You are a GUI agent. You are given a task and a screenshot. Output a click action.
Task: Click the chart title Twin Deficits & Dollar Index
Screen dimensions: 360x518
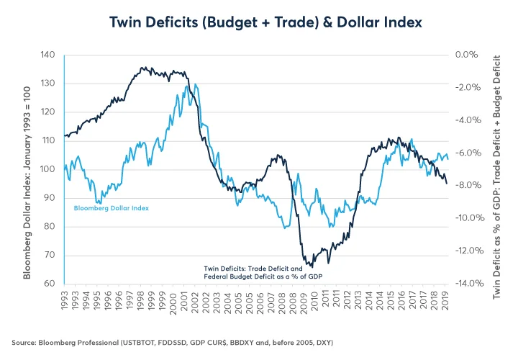coord(259,22)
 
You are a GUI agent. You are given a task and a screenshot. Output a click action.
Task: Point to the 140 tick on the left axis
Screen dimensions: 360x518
coord(48,55)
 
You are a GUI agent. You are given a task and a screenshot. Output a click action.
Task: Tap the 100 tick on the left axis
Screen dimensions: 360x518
coord(48,169)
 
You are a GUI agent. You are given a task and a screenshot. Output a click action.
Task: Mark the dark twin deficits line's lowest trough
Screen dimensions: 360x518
coord(311,267)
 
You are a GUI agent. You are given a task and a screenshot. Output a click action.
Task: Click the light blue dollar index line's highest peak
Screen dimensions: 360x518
coord(187,85)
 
